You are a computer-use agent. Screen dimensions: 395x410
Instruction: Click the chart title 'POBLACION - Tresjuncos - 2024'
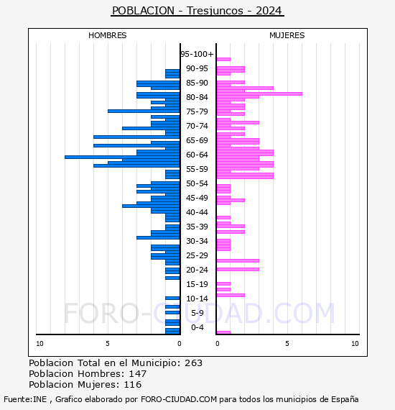(197, 11)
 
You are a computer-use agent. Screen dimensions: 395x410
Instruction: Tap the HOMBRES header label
(107, 35)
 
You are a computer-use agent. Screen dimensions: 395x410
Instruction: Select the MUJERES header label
(287, 35)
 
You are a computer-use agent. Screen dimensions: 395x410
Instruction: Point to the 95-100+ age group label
(197, 54)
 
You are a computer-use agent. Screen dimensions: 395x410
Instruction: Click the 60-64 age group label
(197, 155)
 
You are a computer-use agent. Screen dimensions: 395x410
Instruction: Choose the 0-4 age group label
(197, 327)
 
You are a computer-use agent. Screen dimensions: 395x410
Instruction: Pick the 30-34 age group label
(197, 241)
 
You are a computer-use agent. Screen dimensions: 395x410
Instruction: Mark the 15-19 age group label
(197, 284)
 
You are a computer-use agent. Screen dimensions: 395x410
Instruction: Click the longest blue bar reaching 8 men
(122, 157)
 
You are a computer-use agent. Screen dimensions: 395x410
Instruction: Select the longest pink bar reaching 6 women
(259, 94)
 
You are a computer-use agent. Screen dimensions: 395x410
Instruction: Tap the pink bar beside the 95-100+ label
(223, 60)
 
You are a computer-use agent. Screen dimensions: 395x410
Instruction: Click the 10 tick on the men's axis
(39, 344)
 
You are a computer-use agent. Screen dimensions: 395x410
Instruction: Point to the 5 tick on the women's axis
(287, 344)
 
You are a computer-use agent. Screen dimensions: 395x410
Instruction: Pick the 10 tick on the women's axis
(355, 344)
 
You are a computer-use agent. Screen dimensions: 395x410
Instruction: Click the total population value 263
(193, 363)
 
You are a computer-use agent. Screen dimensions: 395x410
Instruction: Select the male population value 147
(138, 374)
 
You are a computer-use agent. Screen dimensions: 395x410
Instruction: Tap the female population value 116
(133, 385)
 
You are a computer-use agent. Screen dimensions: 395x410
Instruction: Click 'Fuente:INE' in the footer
(25, 399)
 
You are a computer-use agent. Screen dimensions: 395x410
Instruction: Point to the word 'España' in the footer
(345, 399)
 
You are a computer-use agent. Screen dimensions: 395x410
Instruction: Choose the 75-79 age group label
(197, 111)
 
